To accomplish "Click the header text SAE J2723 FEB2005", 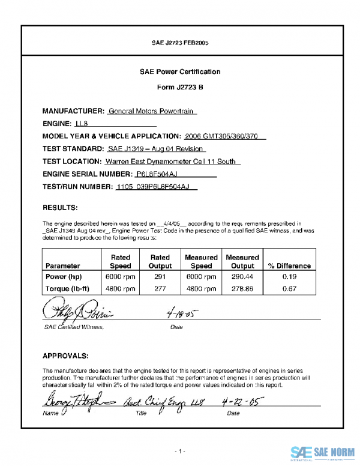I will pos(180,43).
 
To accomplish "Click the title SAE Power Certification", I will pos(180,71).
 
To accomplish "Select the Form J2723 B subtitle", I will pos(180,87).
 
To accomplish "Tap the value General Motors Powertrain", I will pos(152,111).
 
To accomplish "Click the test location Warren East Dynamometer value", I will pos(172,162).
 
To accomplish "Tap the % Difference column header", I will pos(289,265).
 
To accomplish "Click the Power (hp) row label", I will pos(64,277).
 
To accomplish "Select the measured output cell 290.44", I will pos(242,277).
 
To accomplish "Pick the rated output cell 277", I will pos(160,288).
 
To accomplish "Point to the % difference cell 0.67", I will pos(289,288).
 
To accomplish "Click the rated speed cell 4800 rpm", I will pos(121,288).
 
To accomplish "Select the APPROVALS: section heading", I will pos(66,355).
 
